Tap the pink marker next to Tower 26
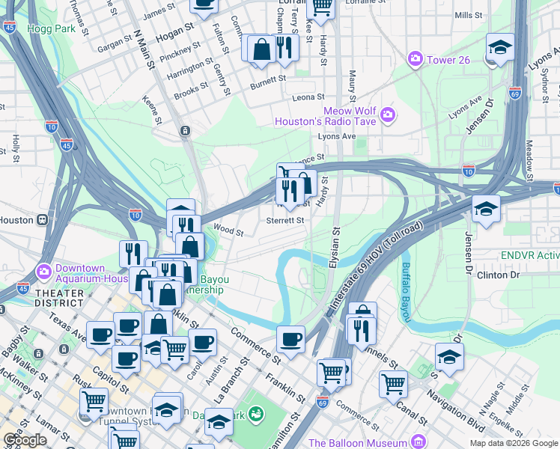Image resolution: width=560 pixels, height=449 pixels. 414,58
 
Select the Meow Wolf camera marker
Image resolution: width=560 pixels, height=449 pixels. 388,114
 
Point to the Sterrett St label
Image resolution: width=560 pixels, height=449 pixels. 286,220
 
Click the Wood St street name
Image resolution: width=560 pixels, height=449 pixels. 228,230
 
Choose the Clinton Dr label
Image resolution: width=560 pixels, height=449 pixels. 498,275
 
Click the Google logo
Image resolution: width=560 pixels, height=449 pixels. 25,440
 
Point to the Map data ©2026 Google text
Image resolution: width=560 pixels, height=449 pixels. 514,443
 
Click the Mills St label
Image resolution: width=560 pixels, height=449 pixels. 468,15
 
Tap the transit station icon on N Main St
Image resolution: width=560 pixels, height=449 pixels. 184,131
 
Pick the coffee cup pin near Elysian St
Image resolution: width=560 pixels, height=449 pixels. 290,338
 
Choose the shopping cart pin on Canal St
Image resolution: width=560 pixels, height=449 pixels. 393,383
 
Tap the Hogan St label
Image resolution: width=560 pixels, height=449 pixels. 171,35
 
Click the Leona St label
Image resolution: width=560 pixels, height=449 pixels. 308,97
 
